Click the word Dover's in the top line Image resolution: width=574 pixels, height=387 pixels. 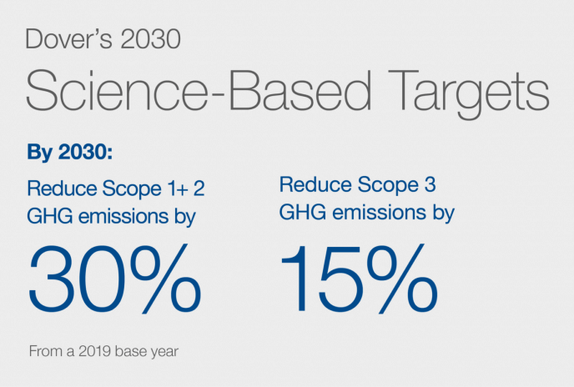click(63, 39)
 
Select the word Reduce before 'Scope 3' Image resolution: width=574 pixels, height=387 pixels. click(307, 183)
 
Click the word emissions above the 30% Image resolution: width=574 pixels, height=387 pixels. click(125, 218)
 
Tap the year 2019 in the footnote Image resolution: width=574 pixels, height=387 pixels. click(88, 350)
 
